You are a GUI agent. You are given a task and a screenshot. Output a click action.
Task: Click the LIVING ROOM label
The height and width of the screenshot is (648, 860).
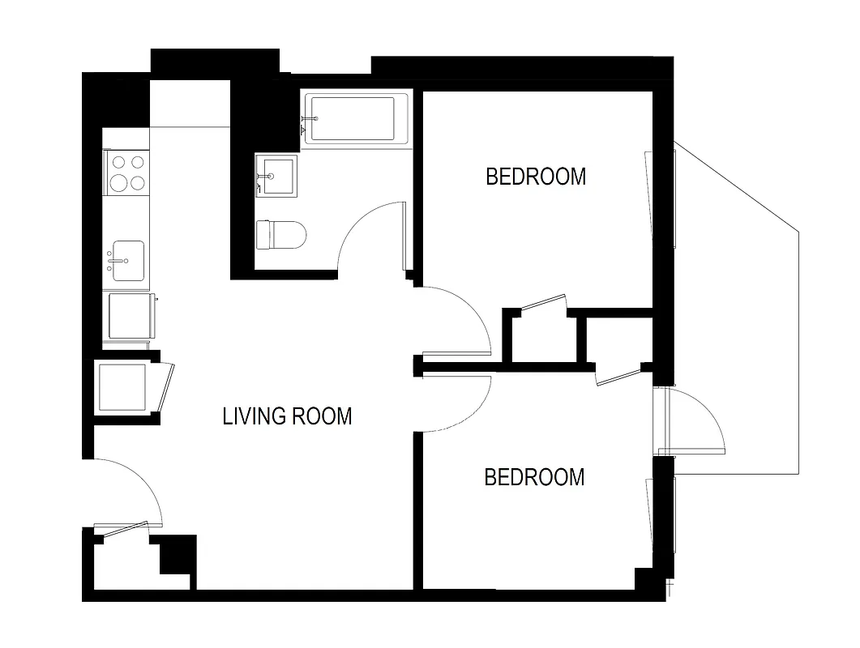pos(287,416)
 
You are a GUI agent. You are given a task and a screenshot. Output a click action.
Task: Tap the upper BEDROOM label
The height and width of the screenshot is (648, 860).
pos(535,177)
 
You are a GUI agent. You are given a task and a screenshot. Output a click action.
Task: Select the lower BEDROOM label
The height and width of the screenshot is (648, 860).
pos(534,477)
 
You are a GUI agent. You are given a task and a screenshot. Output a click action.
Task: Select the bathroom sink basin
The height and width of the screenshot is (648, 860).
pos(277,174)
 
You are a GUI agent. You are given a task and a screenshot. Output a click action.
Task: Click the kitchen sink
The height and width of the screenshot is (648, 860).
pos(127,261)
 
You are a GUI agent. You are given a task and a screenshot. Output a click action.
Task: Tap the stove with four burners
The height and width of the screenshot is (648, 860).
pos(127,172)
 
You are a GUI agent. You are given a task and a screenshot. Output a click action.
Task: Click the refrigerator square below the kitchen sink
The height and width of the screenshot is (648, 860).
pos(130,316)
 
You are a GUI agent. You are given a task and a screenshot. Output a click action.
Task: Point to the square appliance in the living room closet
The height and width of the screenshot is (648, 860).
pos(122,386)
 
